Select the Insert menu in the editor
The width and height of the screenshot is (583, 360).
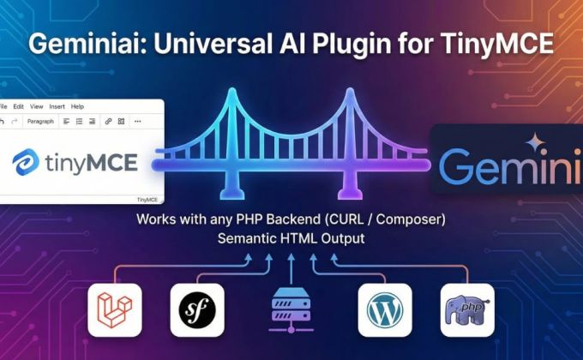tap(57, 106)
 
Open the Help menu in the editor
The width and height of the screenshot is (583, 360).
tap(77, 106)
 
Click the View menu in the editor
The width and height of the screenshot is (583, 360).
tap(36, 106)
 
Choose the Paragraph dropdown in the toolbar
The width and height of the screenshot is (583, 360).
tap(40, 122)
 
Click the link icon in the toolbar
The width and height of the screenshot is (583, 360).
tap(108, 122)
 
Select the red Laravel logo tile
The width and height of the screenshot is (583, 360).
tap(114, 309)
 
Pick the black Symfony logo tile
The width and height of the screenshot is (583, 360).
tap(196, 309)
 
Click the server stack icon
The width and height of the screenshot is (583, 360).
tap(291, 310)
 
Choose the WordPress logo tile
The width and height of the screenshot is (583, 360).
tap(384, 309)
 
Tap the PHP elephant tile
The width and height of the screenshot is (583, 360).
tap(467, 309)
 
